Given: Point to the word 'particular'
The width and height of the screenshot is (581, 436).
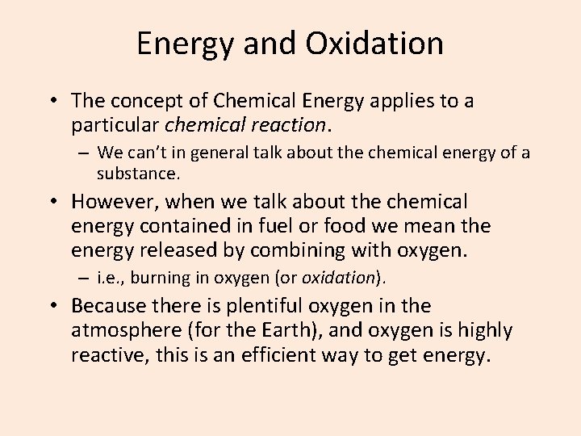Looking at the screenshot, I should [x=115, y=125].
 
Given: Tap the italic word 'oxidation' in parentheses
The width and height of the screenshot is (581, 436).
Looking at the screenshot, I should [x=338, y=278].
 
